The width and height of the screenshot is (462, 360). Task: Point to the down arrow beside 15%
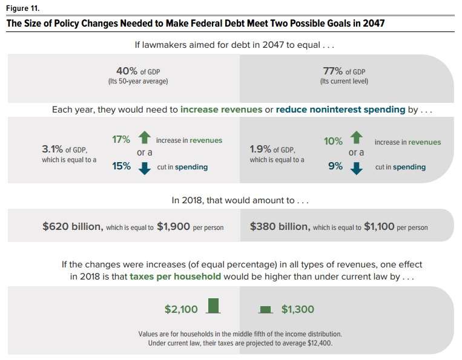(143, 168)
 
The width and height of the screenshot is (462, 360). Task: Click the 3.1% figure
(52, 149)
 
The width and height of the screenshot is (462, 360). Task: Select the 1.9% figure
(261, 149)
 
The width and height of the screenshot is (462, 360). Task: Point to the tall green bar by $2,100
(212, 306)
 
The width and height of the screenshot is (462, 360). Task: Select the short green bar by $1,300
(265, 309)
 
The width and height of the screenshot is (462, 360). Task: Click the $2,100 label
(181, 309)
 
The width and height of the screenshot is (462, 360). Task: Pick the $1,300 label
(298, 309)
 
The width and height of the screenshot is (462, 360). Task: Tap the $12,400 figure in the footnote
(313, 343)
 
